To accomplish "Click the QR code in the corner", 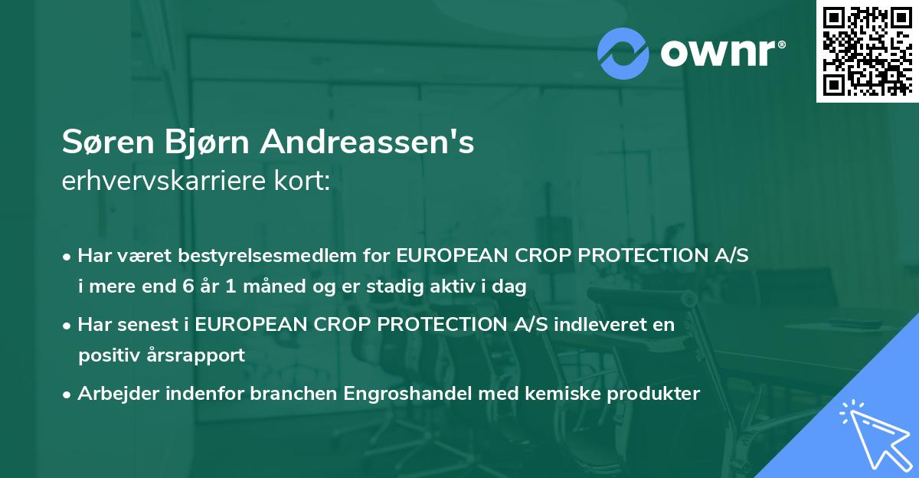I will pyautogui.click(x=867, y=51).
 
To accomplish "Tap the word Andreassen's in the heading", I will pyautogui.click(x=368, y=142).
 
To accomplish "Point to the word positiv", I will pyautogui.click(x=107, y=355).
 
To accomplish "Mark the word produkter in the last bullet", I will pyautogui.click(x=656, y=394).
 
